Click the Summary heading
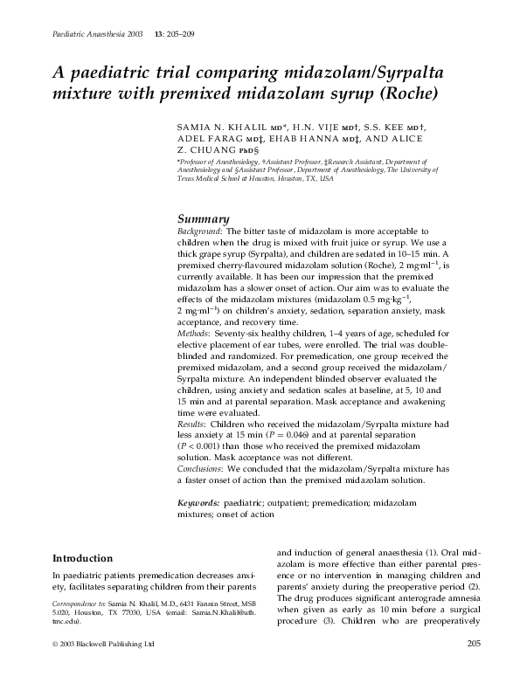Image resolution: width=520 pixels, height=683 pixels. (x=203, y=218)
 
